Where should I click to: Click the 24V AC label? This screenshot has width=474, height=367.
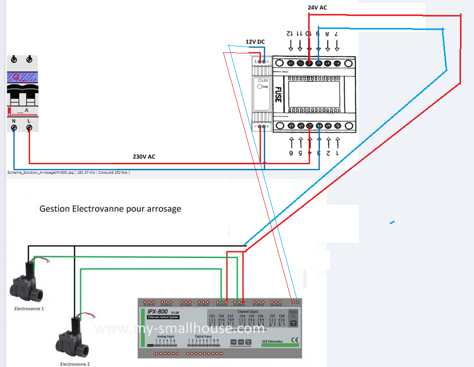[317, 7]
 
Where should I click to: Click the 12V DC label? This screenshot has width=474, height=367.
[255, 41]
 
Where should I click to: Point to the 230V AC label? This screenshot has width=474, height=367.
[144, 156]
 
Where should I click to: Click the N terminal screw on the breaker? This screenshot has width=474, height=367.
[14, 128]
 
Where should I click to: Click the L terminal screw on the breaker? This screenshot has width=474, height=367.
[29, 128]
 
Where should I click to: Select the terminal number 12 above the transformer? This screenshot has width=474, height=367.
[290, 34]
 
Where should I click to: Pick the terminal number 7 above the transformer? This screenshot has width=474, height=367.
[336, 34]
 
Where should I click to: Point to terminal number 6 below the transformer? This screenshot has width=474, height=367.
[291, 153]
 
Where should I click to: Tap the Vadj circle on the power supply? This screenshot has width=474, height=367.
[260, 86]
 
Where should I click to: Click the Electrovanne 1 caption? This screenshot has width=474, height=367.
[29, 309]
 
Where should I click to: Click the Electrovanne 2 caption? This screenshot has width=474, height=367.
[75, 365]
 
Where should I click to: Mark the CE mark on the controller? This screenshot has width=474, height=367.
[294, 341]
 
